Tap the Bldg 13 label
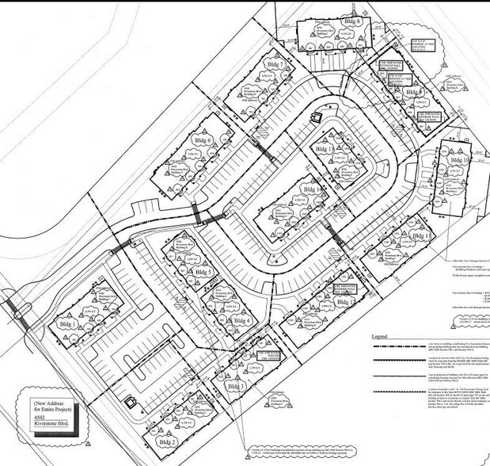click(x=324, y=150)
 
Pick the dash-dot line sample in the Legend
click(x=412, y=369)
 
